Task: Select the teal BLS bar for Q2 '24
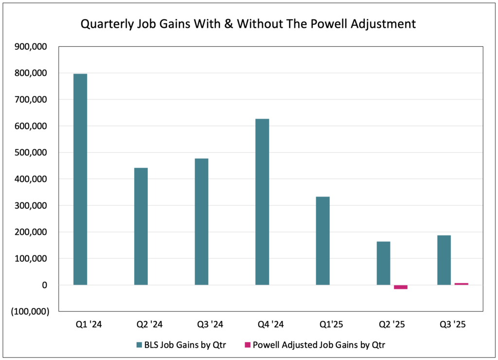pos(141,226)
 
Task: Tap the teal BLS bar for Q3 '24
pos(201,221)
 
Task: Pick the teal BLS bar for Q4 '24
pos(262,202)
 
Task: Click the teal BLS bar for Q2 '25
pos(383,263)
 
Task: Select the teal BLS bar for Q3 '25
pos(444,260)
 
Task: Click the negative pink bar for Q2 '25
pos(401,287)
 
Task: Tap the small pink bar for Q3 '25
pos(462,284)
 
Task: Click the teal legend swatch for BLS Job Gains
pos(140,344)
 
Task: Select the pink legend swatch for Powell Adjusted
pos(247,344)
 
